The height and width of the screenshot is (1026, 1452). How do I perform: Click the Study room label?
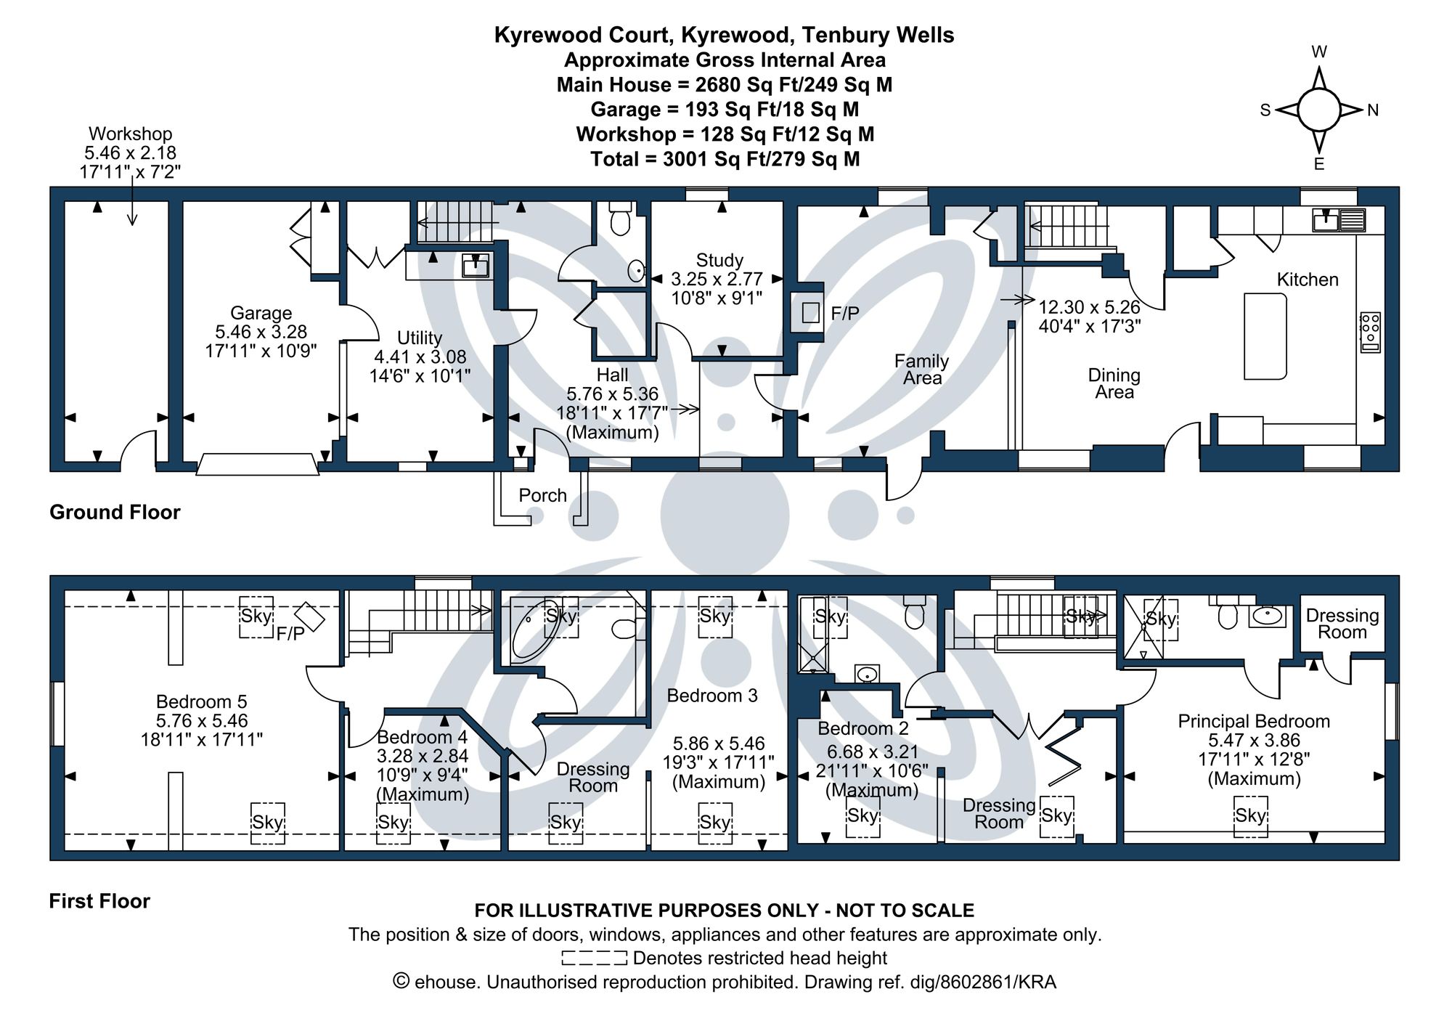pyautogui.click(x=719, y=260)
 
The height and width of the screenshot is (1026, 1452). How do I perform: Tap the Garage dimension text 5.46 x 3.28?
pyautogui.click(x=261, y=332)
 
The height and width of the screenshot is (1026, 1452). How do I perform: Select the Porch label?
pyautogui.click(x=542, y=495)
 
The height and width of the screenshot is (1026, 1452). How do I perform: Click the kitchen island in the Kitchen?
pyautogui.click(x=1265, y=336)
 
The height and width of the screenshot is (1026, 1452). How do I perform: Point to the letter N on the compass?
pyautogui.click(x=1372, y=110)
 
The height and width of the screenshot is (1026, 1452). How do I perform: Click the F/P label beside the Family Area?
pyautogui.click(x=844, y=314)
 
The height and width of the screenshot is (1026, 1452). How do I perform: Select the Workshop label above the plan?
pyautogui.click(x=130, y=134)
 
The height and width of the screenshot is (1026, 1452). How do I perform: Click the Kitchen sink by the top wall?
pyautogui.click(x=1326, y=219)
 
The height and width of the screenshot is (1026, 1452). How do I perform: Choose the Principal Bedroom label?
pyautogui.click(x=1253, y=721)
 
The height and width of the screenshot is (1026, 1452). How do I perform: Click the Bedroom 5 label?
pyautogui.click(x=201, y=701)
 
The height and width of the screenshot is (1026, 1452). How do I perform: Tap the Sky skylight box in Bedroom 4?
pyautogui.click(x=393, y=822)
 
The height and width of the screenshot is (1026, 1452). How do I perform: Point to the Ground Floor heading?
pyautogui.click(x=115, y=512)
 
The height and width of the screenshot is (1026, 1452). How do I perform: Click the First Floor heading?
pyautogui.click(x=99, y=901)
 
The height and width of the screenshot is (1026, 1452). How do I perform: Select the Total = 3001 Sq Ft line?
pyautogui.click(x=725, y=159)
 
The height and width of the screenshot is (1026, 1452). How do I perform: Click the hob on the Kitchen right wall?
pyautogui.click(x=1370, y=333)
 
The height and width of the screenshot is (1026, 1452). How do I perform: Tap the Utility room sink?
pyautogui.click(x=476, y=266)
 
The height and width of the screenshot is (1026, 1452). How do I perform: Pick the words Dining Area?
pyautogui.click(x=1114, y=383)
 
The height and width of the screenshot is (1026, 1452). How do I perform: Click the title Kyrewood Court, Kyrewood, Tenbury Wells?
pyautogui.click(x=724, y=35)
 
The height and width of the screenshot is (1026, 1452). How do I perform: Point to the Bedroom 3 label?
pyautogui.click(x=711, y=696)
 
